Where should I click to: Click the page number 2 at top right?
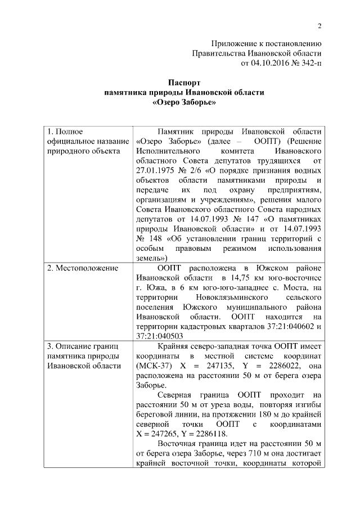(319, 26)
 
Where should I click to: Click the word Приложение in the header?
(235, 43)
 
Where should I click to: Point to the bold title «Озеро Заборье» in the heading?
(184, 102)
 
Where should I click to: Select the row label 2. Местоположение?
(83, 268)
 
